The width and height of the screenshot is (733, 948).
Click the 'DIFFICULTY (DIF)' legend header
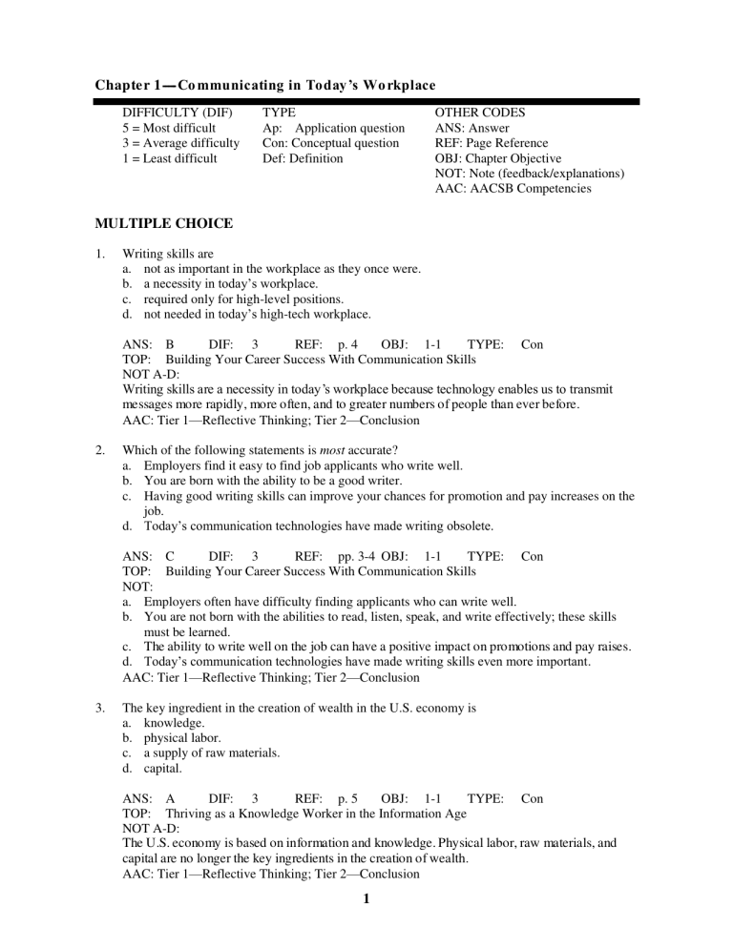[178, 113]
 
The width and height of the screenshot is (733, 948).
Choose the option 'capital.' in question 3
[167, 769]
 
